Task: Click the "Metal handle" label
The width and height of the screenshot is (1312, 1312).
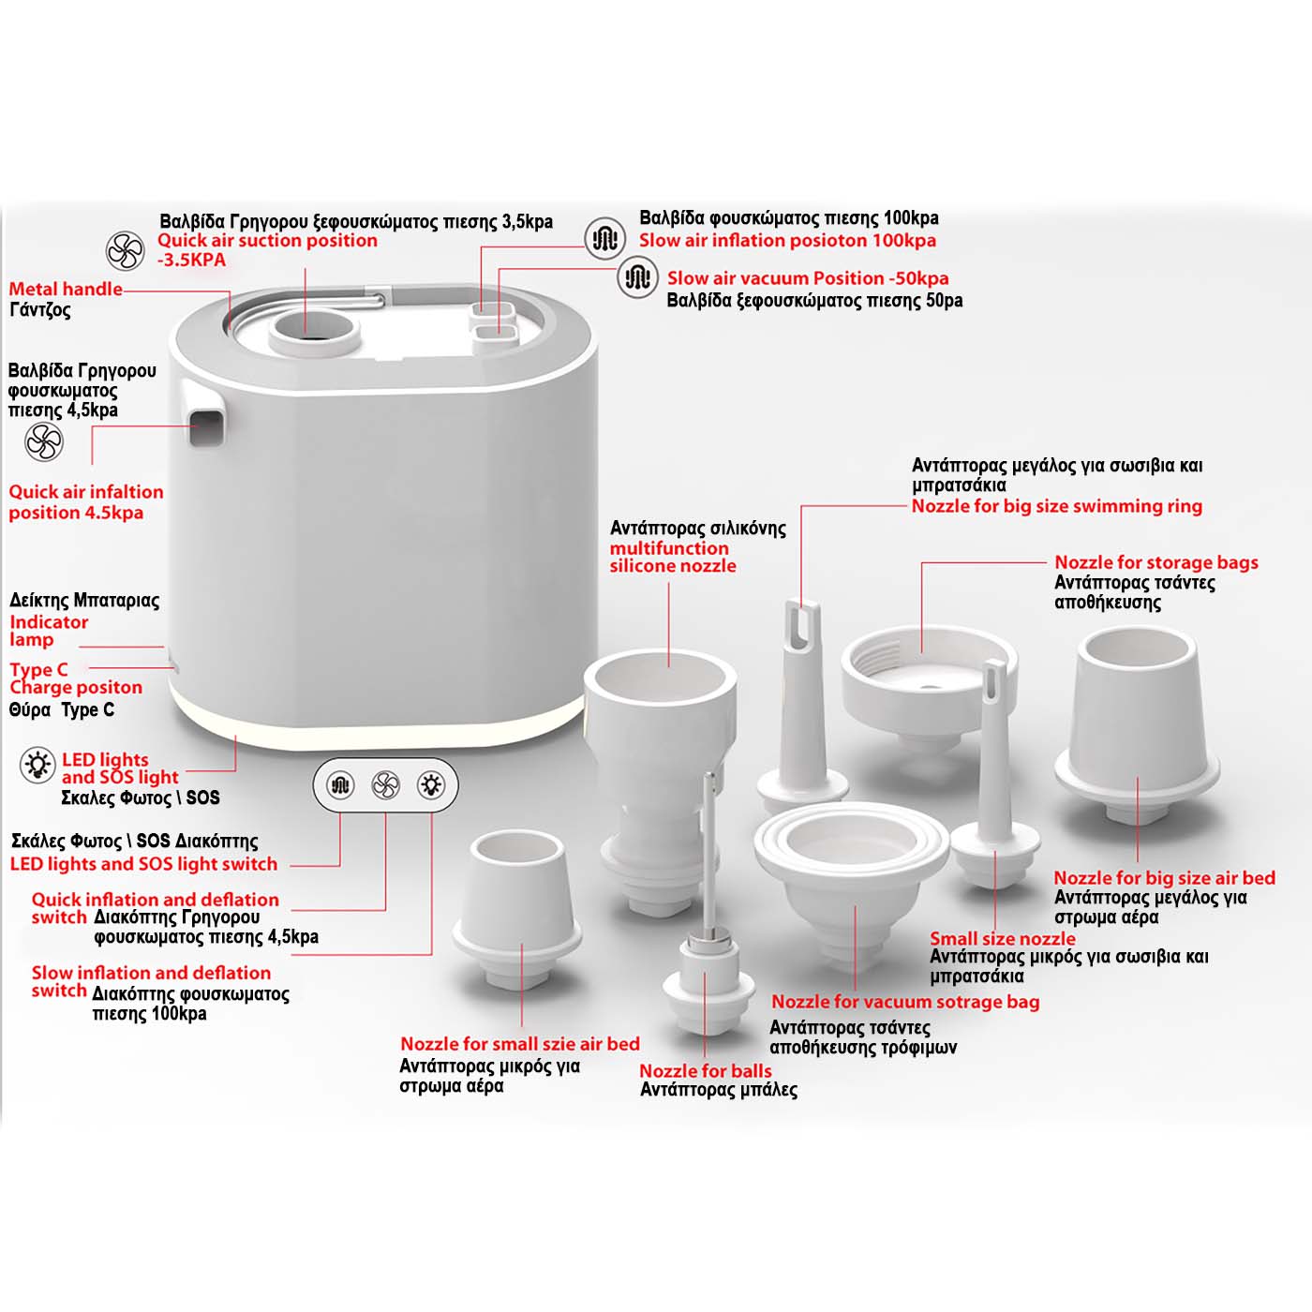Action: tap(66, 289)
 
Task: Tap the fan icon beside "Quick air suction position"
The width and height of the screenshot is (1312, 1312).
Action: tap(126, 250)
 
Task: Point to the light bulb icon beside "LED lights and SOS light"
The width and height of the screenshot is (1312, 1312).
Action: tap(37, 765)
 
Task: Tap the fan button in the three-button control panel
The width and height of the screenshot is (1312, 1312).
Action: tap(385, 785)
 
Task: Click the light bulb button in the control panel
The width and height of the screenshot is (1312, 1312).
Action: tap(431, 785)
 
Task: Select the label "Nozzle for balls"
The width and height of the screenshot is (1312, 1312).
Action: tap(706, 1070)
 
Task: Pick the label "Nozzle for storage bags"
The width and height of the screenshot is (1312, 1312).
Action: tap(1156, 562)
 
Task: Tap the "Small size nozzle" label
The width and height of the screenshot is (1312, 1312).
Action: tap(1003, 938)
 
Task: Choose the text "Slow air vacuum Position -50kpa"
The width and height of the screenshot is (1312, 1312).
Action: tap(808, 277)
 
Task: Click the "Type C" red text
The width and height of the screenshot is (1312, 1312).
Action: tap(38, 669)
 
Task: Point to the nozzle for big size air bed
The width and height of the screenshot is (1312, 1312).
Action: tap(1137, 725)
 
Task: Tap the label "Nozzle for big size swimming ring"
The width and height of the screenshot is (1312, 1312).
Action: tap(1057, 506)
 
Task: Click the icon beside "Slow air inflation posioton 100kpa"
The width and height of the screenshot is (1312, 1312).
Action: tap(604, 238)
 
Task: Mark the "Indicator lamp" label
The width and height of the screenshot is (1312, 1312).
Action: tap(49, 631)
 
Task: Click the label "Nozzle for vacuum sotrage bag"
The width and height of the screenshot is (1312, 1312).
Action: tap(905, 1002)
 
